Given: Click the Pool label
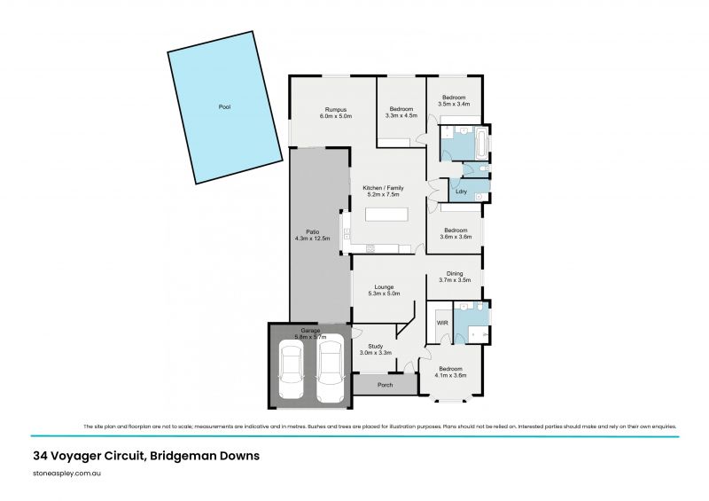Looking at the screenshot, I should point(224,106).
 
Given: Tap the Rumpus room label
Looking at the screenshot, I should point(336,109).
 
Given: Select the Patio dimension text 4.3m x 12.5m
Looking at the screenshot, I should point(312,239).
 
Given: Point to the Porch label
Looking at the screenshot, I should point(385,385).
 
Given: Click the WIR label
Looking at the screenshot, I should point(442,324).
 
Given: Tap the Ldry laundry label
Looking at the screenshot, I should point(461,192).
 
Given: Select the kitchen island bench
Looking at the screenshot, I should point(388,215).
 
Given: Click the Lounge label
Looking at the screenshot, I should point(385,287).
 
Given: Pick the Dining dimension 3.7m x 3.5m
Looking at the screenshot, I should point(455,281).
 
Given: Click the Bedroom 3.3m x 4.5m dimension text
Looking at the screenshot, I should point(401,115).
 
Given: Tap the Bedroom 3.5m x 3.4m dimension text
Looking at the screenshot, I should point(454,104).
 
